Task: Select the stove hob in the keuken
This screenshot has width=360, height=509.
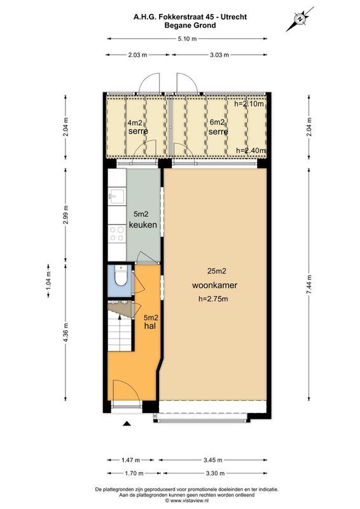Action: tap(117, 234)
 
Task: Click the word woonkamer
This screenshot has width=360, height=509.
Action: tap(213, 286)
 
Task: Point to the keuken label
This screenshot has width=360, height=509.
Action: tap(143, 225)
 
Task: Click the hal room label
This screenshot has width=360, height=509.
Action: tap(150, 326)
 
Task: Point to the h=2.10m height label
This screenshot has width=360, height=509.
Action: tap(249, 104)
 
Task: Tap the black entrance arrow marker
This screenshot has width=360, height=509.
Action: tap(127, 424)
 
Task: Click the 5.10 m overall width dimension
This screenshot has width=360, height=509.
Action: tap(187, 39)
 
